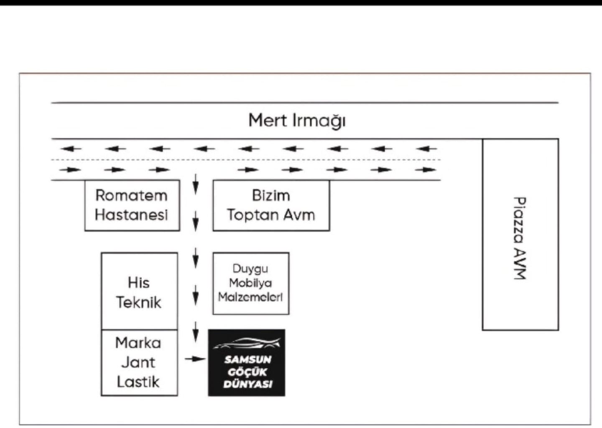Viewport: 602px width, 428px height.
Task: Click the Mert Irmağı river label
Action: (x=297, y=121)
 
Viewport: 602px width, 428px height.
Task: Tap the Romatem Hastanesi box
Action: (x=132, y=205)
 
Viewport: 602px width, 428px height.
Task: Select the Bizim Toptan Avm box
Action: (x=271, y=205)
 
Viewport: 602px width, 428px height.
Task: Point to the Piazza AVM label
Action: (x=520, y=238)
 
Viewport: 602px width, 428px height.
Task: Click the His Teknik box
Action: (x=139, y=291)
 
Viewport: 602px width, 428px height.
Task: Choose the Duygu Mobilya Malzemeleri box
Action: (x=250, y=283)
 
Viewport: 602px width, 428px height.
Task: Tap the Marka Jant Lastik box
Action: (x=139, y=362)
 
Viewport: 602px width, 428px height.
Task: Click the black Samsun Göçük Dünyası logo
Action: (x=247, y=362)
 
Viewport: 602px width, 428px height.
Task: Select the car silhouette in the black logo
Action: (x=247, y=344)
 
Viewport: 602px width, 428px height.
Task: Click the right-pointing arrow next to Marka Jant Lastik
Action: (x=195, y=359)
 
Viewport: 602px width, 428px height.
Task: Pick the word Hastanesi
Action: (x=131, y=215)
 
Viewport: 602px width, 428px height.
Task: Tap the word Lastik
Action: (x=138, y=382)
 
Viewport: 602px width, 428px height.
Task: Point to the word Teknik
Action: (x=139, y=302)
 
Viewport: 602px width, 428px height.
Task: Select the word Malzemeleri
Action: (x=250, y=297)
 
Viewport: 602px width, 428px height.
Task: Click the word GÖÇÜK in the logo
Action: (x=247, y=372)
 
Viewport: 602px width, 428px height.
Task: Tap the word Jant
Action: (x=138, y=362)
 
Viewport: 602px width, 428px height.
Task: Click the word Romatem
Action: (x=131, y=195)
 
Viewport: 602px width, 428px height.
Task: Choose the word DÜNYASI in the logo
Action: (x=247, y=384)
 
